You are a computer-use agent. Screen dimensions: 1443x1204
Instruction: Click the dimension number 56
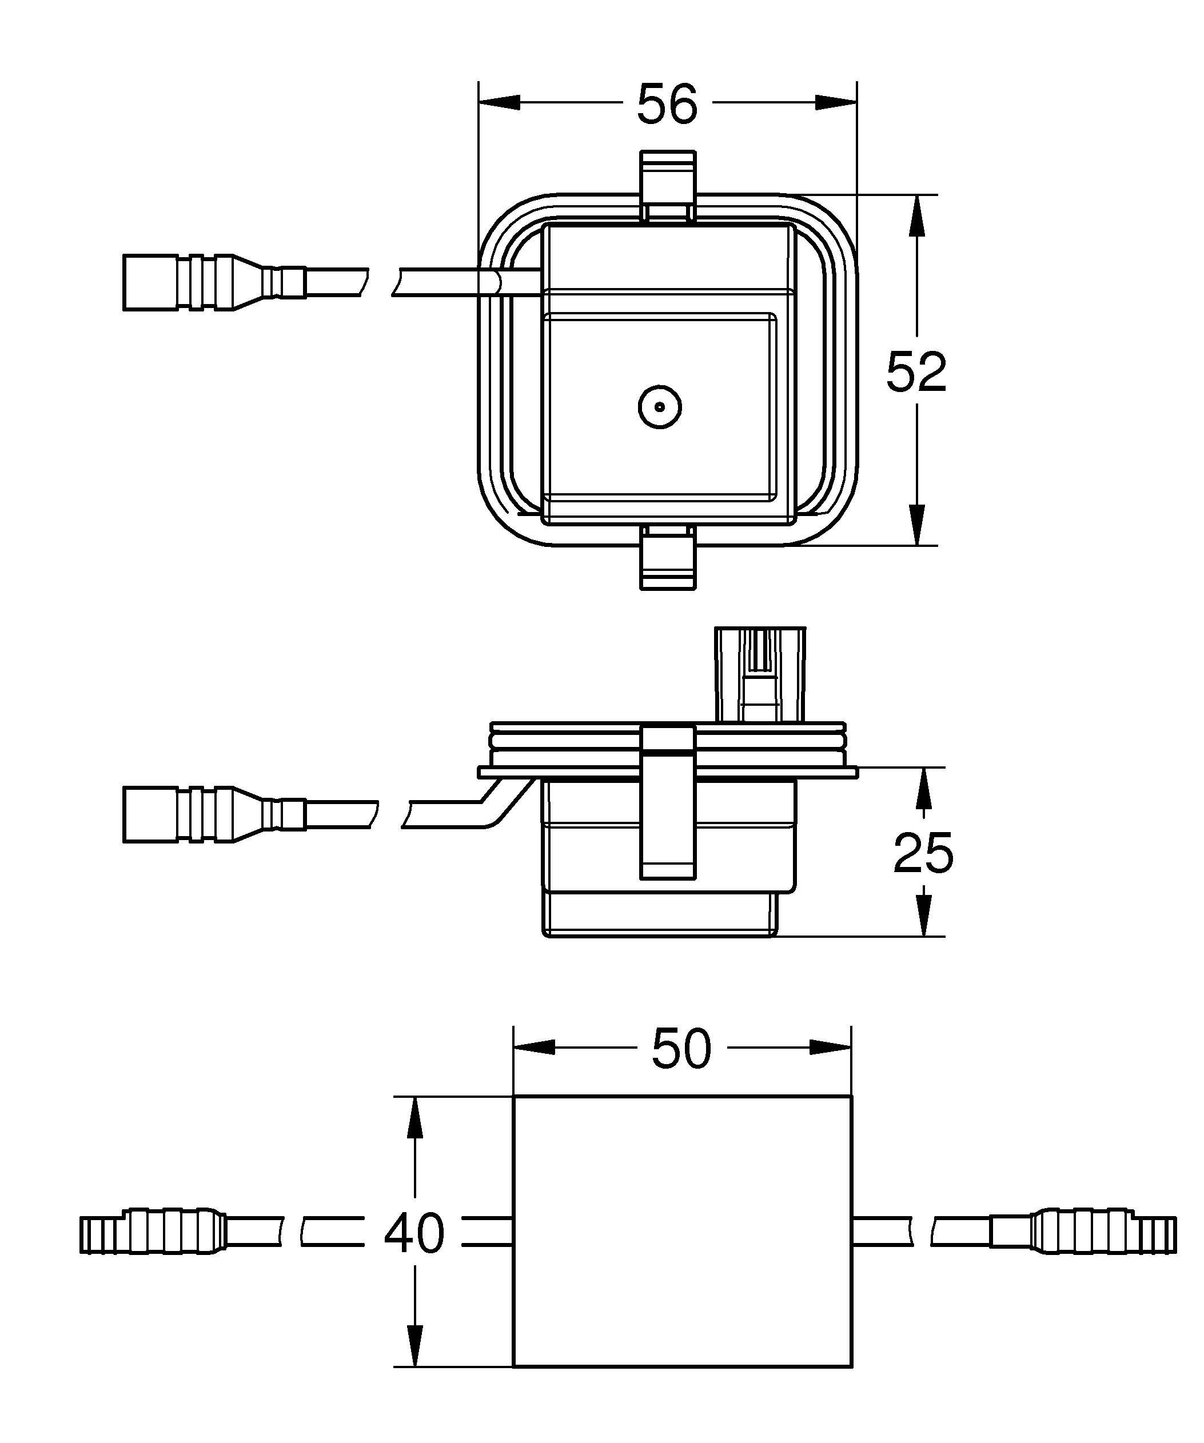pyautogui.click(x=667, y=105)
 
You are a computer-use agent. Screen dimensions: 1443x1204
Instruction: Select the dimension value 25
pyautogui.click(x=923, y=853)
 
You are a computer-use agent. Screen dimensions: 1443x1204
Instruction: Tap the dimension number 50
pyautogui.click(x=681, y=1049)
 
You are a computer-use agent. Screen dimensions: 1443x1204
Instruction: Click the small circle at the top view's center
pyautogui.click(x=660, y=407)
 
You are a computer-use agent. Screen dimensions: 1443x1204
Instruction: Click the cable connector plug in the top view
pyautogui.click(x=213, y=282)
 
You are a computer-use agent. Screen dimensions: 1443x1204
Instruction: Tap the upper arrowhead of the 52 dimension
pyautogui.click(x=916, y=216)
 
